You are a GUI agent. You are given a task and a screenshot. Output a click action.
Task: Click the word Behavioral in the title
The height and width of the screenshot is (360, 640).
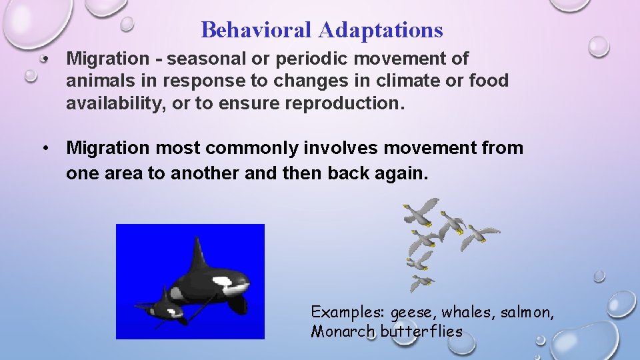257,30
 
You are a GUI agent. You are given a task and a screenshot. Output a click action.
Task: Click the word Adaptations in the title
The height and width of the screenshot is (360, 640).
381,30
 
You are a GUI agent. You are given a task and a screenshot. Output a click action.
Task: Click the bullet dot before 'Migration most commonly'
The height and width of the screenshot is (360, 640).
45,148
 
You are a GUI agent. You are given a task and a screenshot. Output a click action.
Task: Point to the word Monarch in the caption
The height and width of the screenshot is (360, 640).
343,331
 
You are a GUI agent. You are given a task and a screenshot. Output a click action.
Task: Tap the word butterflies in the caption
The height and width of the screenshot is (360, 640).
421,331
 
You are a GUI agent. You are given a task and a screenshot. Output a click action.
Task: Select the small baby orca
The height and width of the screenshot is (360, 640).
163,309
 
